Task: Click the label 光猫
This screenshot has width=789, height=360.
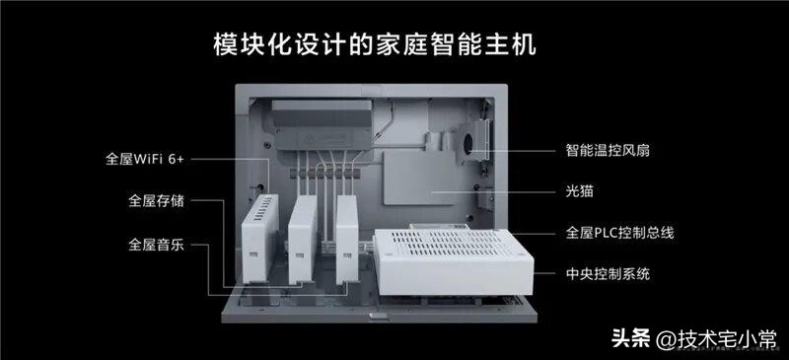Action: (579, 192)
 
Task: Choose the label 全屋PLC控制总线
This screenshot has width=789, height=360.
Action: (619, 234)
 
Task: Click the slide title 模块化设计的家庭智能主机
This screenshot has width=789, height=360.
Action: (394, 45)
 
